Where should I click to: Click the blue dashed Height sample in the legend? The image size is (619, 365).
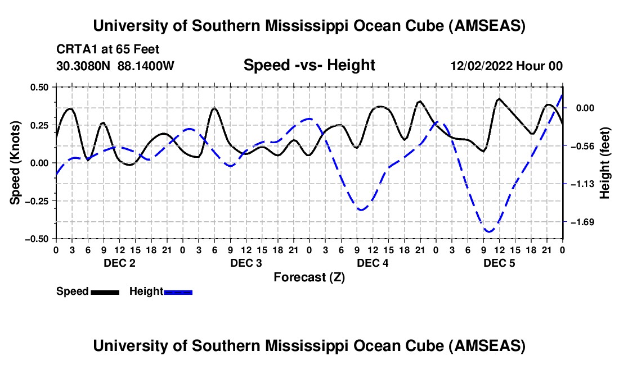point(178,291)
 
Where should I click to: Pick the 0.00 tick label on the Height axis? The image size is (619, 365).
point(585,108)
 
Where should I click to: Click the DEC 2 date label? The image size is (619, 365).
point(119,263)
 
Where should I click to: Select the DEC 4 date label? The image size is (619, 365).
point(373,263)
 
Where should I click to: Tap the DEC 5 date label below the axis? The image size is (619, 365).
point(499,263)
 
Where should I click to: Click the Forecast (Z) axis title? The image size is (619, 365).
point(309,277)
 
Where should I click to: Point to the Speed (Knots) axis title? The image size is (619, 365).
point(16,163)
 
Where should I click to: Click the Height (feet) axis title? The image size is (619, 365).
point(605,163)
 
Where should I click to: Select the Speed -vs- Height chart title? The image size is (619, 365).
point(309,66)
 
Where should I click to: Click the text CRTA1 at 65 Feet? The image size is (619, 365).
point(111,49)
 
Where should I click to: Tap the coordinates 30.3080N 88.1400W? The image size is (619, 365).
point(115,66)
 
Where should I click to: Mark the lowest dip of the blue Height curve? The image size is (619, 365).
point(488,231)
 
